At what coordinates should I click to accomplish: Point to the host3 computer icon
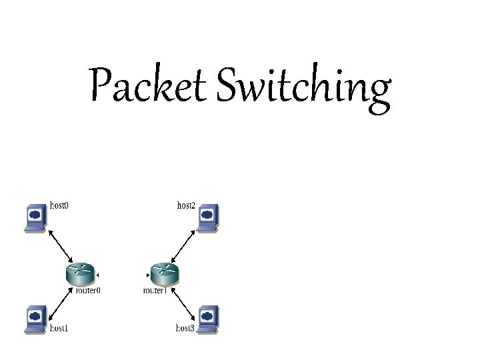click(x=208, y=317)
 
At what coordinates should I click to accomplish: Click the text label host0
click(x=59, y=205)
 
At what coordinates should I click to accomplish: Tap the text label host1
click(x=59, y=328)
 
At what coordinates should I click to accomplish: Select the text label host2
click(x=186, y=205)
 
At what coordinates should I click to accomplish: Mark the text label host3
click(x=186, y=328)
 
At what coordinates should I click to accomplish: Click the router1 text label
click(x=156, y=291)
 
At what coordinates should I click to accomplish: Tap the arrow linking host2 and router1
click(x=184, y=245)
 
